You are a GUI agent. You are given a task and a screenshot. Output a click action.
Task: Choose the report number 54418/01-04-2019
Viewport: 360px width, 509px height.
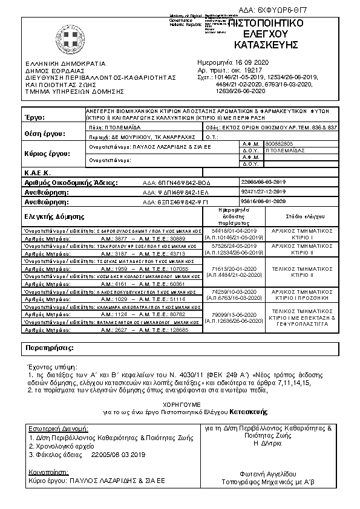click(x=234, y=231)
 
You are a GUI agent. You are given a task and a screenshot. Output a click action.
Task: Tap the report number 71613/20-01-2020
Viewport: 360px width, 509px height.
click(x=234, y=267)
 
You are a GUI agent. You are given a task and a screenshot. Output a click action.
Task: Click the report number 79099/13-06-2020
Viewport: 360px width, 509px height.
click(x=234, y=315)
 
